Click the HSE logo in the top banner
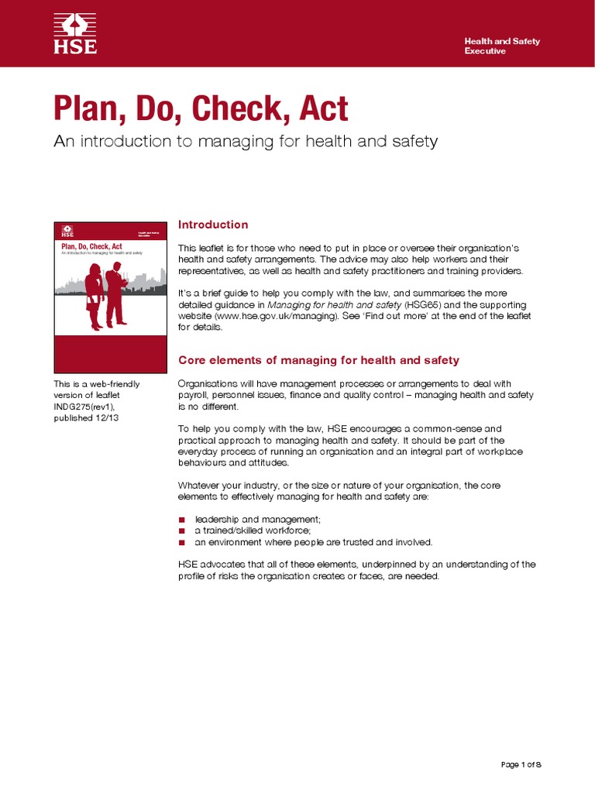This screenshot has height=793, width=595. tap(75, 33)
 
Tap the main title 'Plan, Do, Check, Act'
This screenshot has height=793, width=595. tap(201, 109)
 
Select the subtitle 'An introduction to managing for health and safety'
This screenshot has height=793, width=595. tap(246, 142)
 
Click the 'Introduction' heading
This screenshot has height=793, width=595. tap(213, 225)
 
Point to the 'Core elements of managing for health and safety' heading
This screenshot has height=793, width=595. tap(318, 360)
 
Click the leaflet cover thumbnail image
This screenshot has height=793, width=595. tap(110, 297)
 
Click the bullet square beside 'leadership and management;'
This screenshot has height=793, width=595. tap(182, 519)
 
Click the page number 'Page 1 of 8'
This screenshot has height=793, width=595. tap(521, 765)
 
